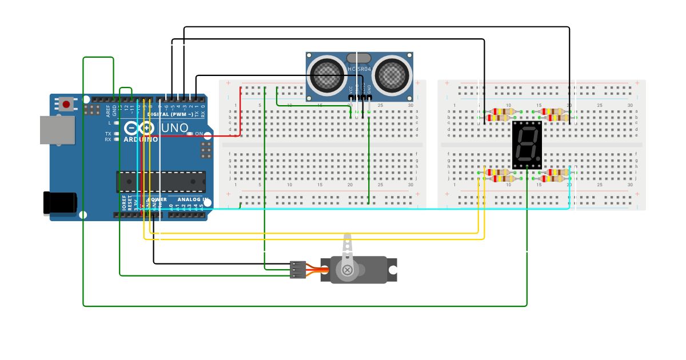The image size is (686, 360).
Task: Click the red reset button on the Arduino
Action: point(66,104)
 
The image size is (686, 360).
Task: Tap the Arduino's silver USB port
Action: point(57,130)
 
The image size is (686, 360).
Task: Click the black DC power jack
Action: point(60,203)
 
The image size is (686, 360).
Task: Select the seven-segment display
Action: point(527,145)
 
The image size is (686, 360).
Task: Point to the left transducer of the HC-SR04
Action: point(327,74)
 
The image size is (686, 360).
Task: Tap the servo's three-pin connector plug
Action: point(298,270)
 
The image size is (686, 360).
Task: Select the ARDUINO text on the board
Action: point(141,139)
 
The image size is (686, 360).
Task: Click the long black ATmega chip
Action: point(161,181)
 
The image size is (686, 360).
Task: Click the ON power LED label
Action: point(199,134)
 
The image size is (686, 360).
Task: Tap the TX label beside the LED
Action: point(108,133)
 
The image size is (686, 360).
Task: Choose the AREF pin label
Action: point(108,110)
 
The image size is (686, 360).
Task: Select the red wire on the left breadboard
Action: point(240,114)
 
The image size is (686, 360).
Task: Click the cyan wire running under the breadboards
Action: point(366,209)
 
